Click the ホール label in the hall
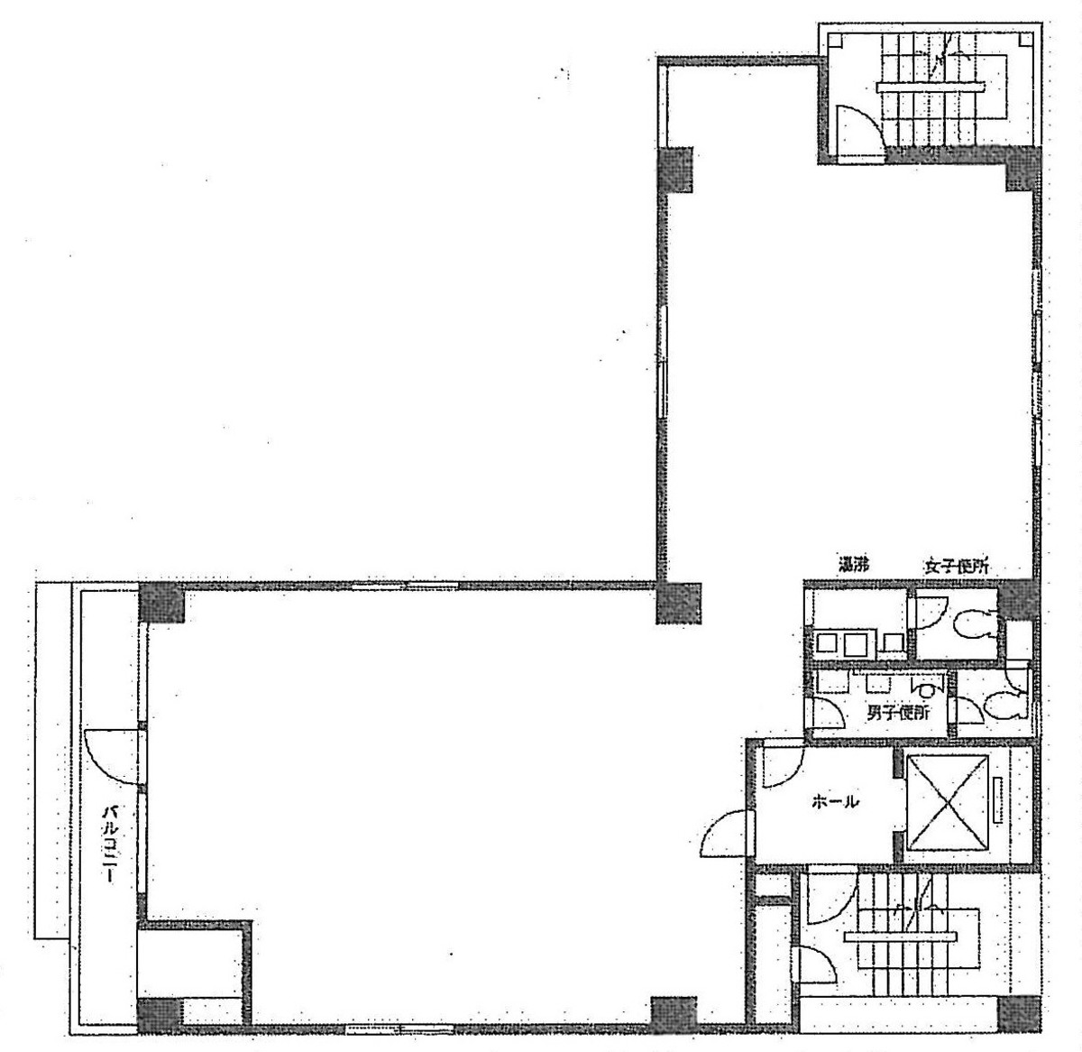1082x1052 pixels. (x=834, y=801)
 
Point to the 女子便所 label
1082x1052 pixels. (x=955, y=568)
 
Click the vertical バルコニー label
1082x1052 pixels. (x=108, y=844)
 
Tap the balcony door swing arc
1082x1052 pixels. (x=106, y=758)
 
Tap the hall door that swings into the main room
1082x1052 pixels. (x=726, y=835)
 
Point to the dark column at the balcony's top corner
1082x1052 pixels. (x=161, y=604)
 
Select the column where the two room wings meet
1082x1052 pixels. (x=678, y=604)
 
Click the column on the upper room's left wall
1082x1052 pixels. (x=676, y=170)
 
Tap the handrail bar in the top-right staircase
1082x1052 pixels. (x=929, y=86)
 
